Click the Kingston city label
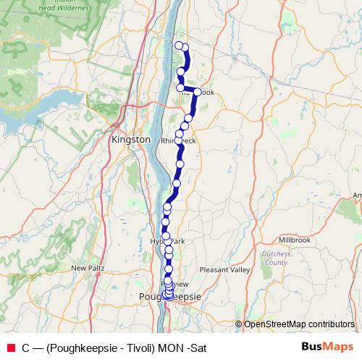(x=131, y=138)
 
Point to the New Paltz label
(x=88, y=268)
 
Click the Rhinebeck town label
(x=178, y=140)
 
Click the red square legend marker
(x=10, y=348)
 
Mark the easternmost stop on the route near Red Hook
(x=197, y=91)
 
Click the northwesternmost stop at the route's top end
(x=179, y=46)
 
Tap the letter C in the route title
(x=26, y=348)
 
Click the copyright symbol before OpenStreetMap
(x=238, y=324)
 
